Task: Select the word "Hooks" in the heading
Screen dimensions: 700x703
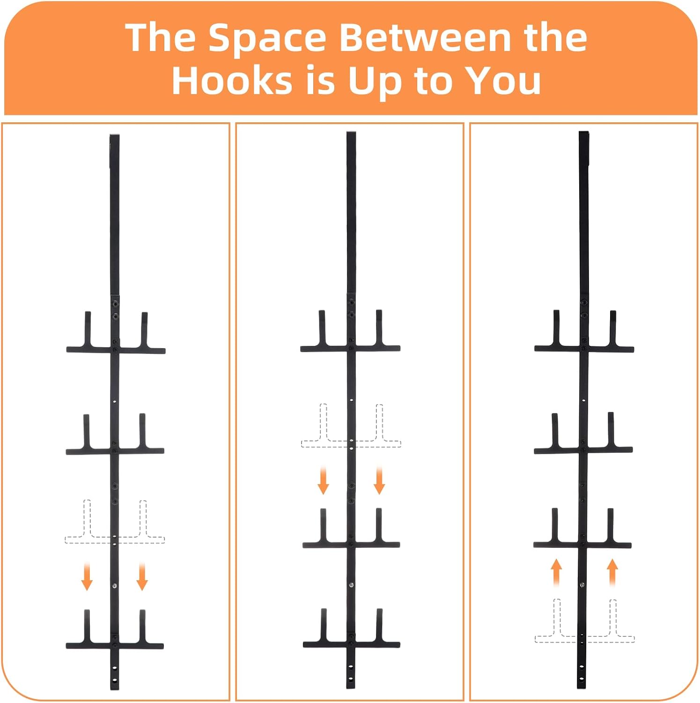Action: tap(232, 80)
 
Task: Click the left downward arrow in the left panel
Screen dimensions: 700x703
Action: tap(87, 576)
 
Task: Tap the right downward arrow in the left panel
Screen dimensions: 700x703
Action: tap(142, 576)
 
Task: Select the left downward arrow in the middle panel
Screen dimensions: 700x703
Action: tap(323, 480)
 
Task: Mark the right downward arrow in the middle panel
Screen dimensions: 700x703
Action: tap(379, 480)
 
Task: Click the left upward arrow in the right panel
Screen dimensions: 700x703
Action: tap(556, 572)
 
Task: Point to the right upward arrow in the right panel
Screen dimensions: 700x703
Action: tap(612, 572)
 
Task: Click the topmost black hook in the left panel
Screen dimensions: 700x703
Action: tap(116, 349)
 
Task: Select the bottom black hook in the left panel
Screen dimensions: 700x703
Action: tap(115, 645)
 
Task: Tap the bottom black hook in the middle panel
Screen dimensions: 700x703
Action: tap(351, 644)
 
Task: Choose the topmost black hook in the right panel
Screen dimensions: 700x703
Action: tap(584, 348)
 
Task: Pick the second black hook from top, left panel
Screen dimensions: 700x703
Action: tap(115, 451)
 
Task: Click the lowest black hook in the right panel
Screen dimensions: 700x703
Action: tap(582, 545)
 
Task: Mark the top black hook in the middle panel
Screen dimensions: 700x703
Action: tap(350, 348)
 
